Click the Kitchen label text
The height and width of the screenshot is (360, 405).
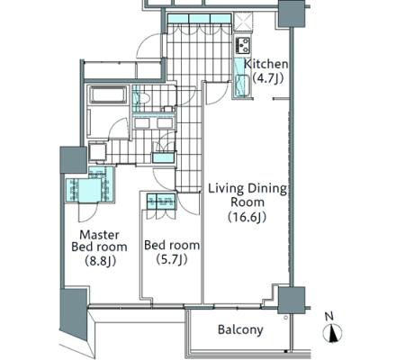tap(265, 64)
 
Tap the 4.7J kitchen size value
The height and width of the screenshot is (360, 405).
tap(267, 78)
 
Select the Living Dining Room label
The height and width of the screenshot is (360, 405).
tap(247, 195)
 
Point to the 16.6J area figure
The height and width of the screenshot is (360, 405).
tap(247, 217)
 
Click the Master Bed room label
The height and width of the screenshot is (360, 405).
tap(99, 240)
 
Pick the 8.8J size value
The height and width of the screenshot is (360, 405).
tap(100, 261)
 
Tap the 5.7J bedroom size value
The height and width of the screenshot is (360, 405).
tap(172, 259)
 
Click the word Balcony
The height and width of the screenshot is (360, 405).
tap(240, 329)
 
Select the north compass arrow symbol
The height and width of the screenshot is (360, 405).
tap(333, 333)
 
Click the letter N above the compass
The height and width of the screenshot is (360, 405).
tap(329, 316)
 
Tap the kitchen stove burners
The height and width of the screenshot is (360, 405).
tap(242, 45)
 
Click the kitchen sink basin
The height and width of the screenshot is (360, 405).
tap(242, 85)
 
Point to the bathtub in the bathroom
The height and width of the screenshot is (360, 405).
tap(108, 94)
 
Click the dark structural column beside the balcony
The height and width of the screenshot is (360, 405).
tap(291, 301)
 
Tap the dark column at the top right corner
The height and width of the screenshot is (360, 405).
tap(292, 13)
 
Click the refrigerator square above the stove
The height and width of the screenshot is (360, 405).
tap(243, 22)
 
